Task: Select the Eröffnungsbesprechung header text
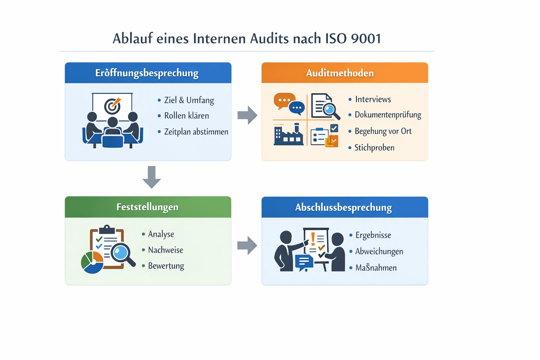click(147, 73)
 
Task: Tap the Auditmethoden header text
click(340, 73)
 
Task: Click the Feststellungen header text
click(147, 207)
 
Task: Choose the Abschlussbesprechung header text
click(343, 207)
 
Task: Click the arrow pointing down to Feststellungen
click(152, 177)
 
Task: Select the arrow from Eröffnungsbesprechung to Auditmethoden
click(247, 115)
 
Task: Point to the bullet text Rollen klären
click(186, 116)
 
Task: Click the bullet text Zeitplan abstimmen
click(196, 132)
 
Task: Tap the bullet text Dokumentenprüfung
click(388, 115)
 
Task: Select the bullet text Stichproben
click(374, 148)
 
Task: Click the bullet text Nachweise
click(165, 250)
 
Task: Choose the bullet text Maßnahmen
click(376, 268)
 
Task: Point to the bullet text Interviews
click(373, 99)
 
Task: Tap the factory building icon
click(288, 135)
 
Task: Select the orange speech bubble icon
click(283, 100)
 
